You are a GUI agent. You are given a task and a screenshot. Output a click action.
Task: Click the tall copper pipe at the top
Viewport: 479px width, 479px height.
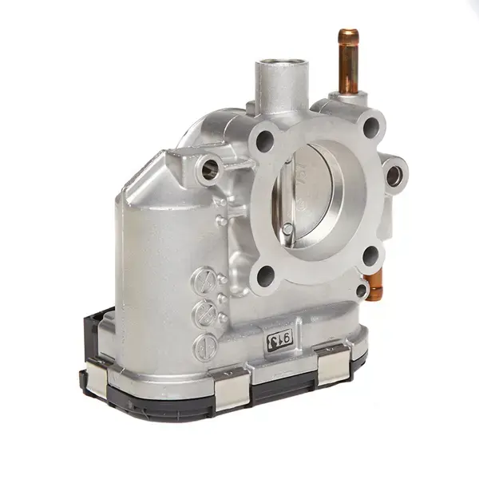pos(348,60)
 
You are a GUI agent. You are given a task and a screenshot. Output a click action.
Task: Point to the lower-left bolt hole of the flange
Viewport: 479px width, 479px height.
pos(266,276)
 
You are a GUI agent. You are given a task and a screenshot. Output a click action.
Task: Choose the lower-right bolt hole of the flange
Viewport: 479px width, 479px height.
pos(370,255)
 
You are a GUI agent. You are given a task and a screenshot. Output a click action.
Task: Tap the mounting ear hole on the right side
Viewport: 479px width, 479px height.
pos(394,174)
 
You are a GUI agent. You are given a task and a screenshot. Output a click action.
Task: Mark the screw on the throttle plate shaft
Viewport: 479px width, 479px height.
pos(287,229)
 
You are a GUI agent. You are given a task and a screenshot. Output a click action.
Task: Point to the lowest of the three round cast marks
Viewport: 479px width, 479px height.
pos(204,345)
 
